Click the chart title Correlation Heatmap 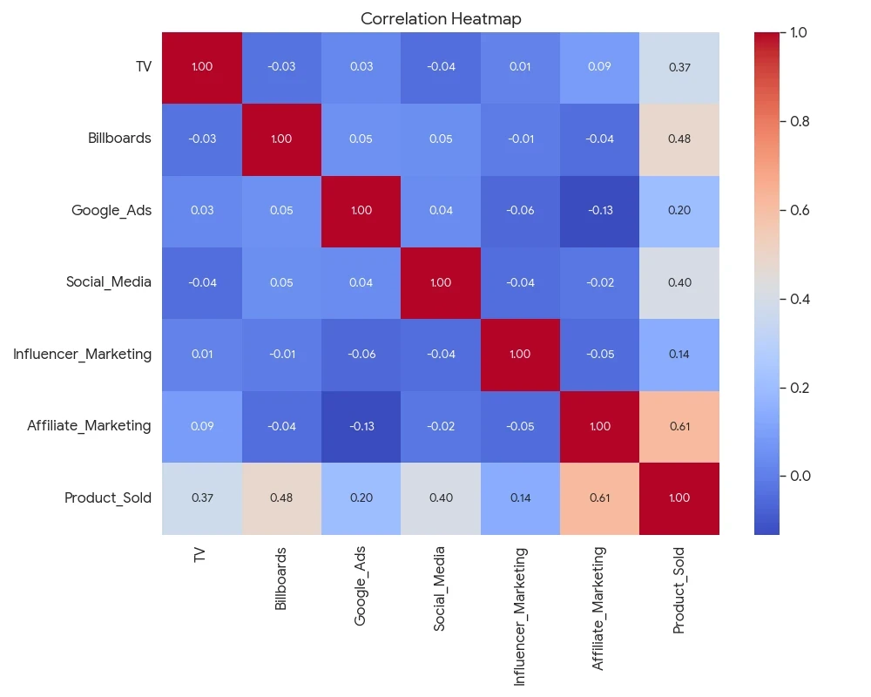(441, 18)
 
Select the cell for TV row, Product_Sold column (679, 67)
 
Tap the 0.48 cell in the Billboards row (679, 139)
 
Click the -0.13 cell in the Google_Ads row (600, 211)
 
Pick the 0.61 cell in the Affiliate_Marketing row (679, 426)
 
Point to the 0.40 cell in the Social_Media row (679, 282)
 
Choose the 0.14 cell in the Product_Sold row (520, 498)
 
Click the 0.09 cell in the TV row (600, 67)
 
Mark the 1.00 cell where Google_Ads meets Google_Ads (361, 211)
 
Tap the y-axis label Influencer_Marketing (82, 355)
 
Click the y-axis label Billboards (119, 139)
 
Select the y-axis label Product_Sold (108, 498)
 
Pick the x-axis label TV (201, 555)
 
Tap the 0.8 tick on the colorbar (799, 121)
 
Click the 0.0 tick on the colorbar (799, 476)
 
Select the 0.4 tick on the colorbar (799, 299)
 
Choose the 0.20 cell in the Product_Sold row (361, 498)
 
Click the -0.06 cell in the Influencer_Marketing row (361, 355)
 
